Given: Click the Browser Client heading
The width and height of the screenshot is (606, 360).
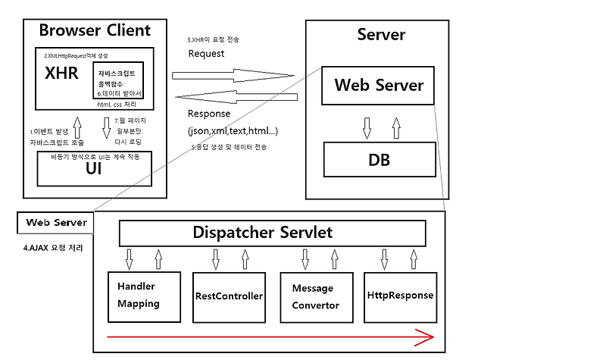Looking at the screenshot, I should (x=95, y=30).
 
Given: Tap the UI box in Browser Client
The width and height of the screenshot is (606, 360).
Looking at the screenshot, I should (x=94, y=168).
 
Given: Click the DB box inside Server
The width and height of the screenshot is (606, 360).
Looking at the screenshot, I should (x=378, y=160).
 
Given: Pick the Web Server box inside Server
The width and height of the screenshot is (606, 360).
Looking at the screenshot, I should (x=378, y=86).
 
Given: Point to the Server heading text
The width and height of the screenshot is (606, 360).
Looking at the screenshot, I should (x=381, y=35).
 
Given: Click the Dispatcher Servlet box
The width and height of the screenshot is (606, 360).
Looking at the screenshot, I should (x=272, y=233).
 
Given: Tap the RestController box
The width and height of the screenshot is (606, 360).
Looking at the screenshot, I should (x=229, y=295).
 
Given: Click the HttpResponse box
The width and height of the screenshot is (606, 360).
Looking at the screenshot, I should (x=400, y=295).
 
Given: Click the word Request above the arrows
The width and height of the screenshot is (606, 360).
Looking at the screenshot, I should (x=206, y=54).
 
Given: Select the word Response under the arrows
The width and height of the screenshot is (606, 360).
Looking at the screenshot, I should (x=209, y=114).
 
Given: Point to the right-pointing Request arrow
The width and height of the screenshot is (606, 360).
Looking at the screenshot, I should (x=233, y=75).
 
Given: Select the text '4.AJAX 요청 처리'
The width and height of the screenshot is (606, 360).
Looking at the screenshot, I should (x=53, y=248).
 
